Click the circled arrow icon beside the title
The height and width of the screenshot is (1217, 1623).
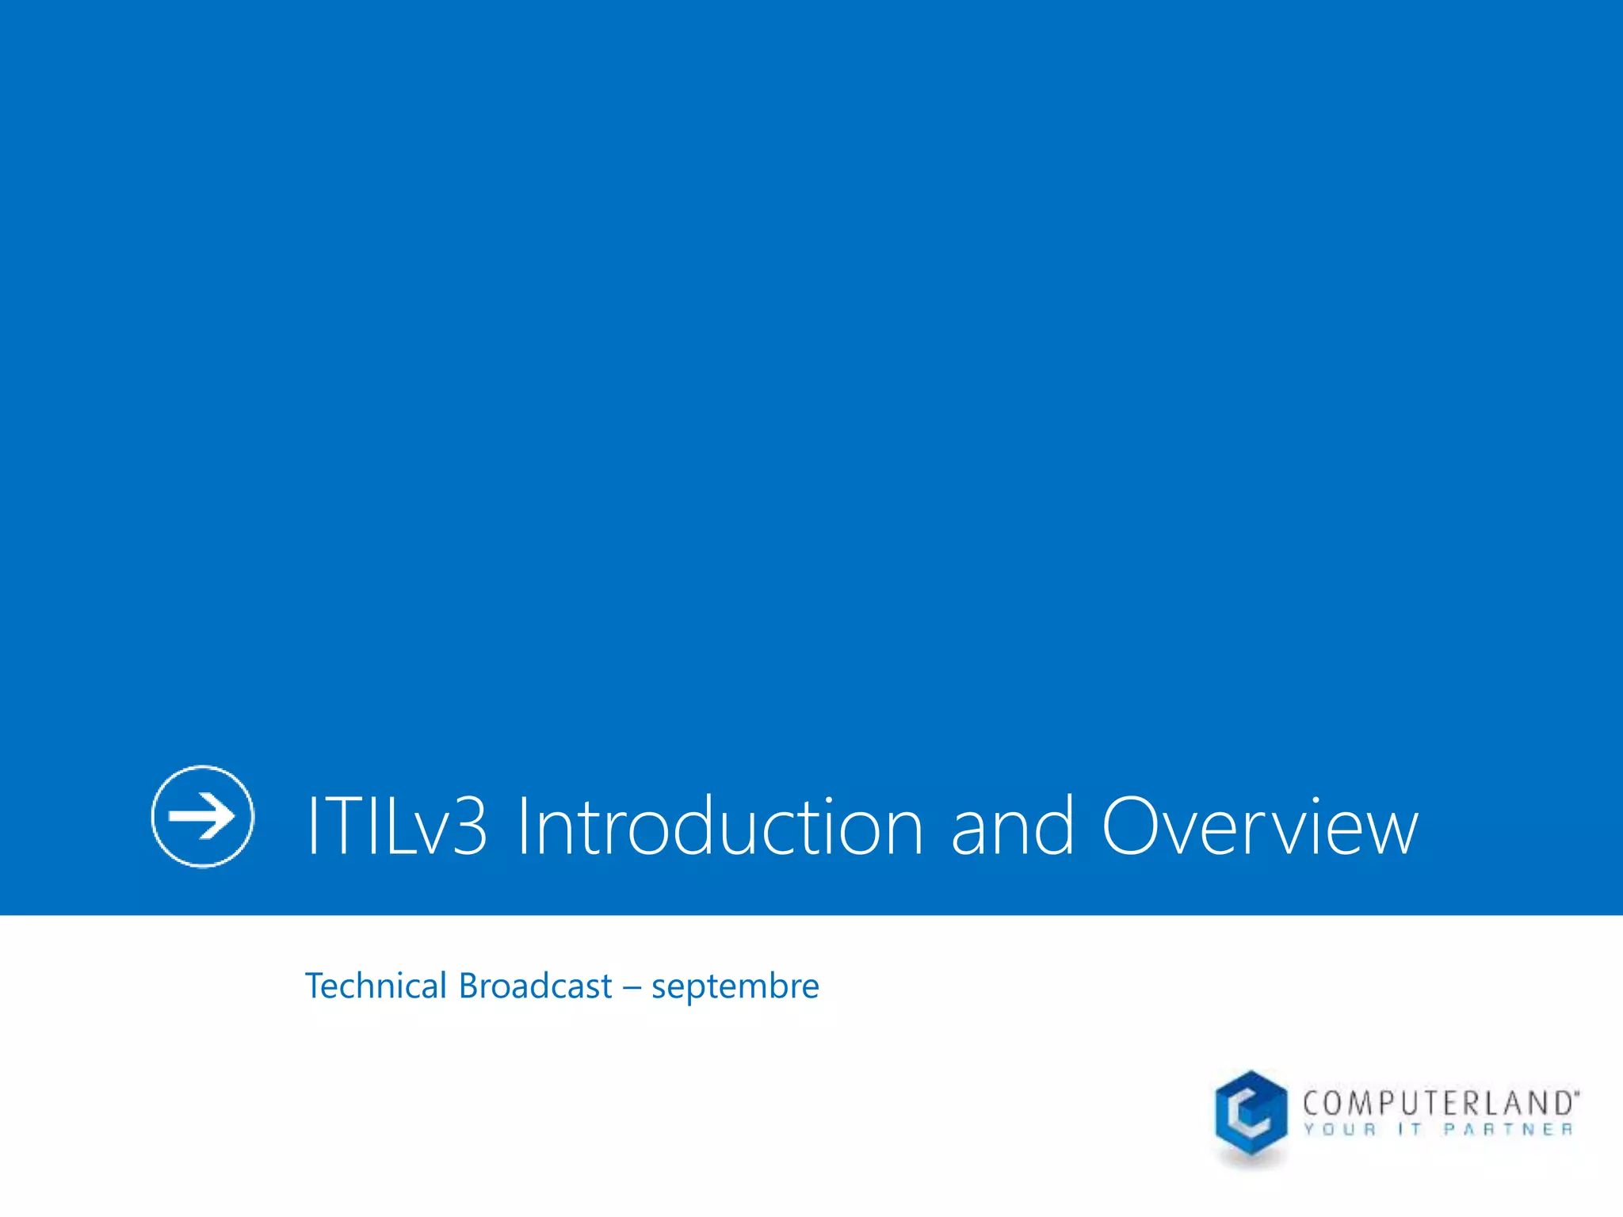[x=203, y=816]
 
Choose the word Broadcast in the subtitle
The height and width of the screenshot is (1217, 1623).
[x=535, y=986]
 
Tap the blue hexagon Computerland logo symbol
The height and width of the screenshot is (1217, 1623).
[x=1251, y=1114]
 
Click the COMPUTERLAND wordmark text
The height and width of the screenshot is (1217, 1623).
[x=1438, y=1103]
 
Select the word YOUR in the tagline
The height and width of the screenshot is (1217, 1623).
[x=1339, y=1129]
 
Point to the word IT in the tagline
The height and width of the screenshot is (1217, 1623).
[x=1410, y=1129]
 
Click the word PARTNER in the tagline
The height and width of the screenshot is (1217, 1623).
[x=1507, y=1129]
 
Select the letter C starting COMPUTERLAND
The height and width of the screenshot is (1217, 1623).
[x=1312, y=1103]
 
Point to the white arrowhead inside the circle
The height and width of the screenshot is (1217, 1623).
[x=217, y=816]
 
